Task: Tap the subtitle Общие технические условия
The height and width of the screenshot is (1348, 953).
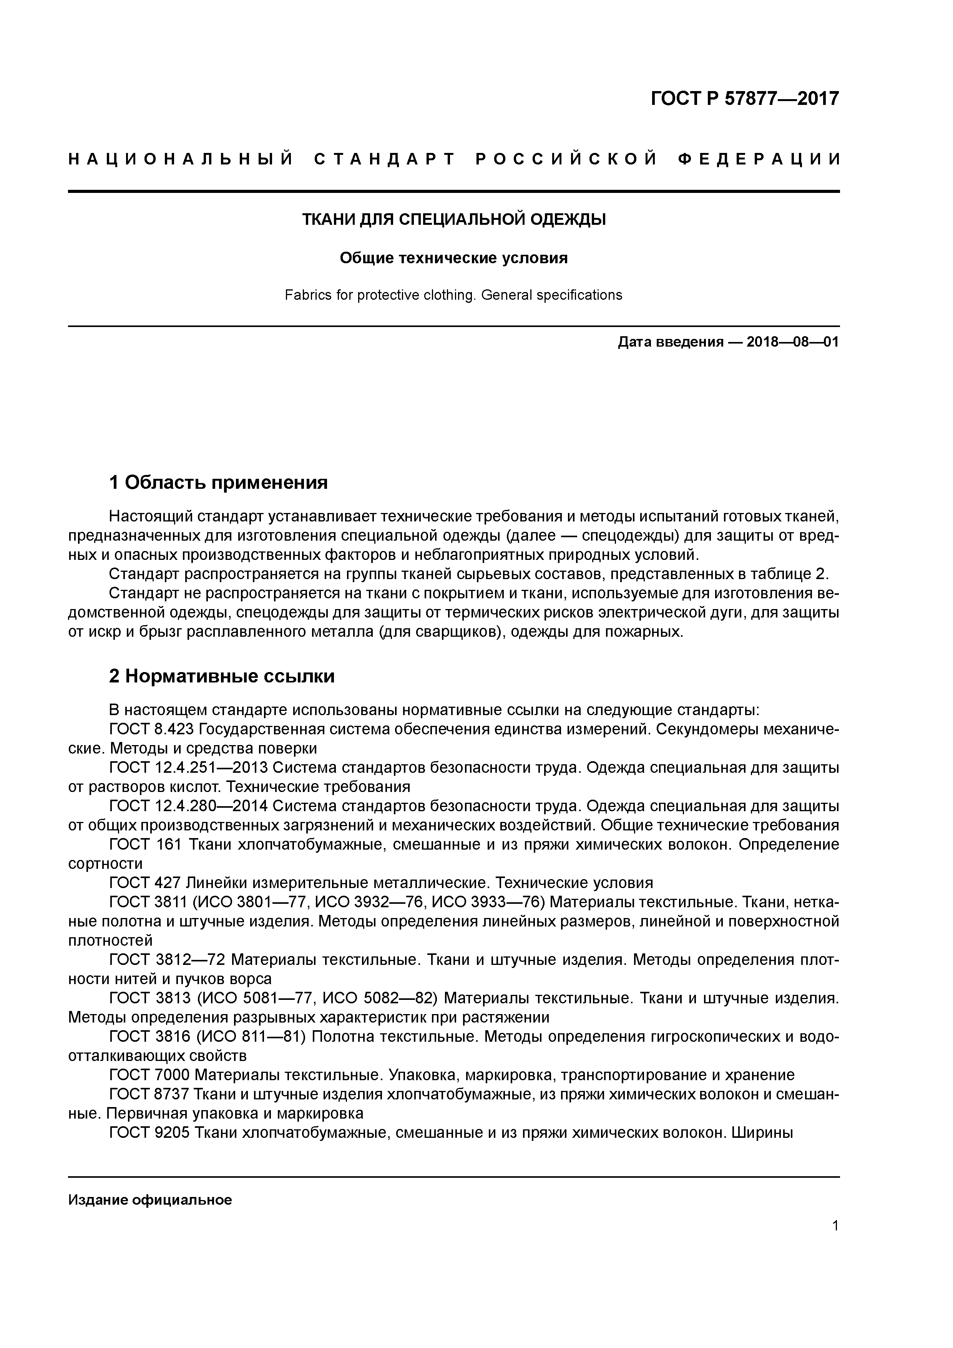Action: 453,258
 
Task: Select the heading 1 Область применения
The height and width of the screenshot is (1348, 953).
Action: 218,483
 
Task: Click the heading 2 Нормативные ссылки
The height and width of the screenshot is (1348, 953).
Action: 222,676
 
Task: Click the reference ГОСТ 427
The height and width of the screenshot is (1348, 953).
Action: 145,883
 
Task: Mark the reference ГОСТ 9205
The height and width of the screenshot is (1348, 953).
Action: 149,1132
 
